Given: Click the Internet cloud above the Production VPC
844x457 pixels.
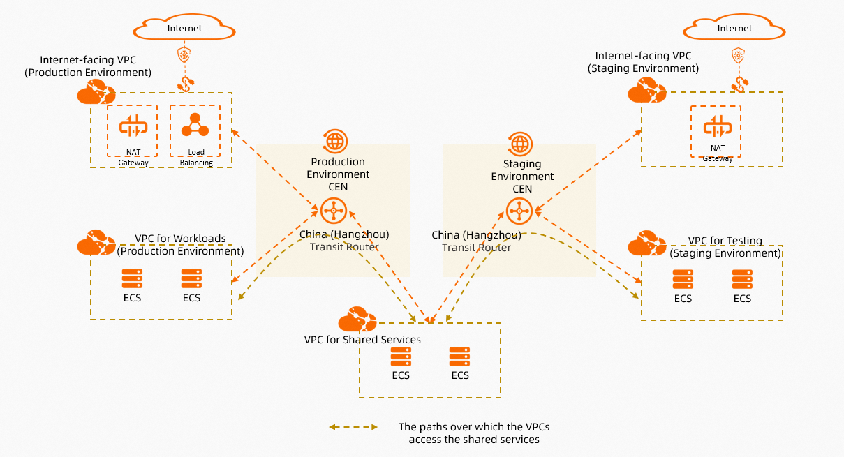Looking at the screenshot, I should (184, 29).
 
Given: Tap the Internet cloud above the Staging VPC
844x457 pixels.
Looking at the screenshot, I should (734, 29).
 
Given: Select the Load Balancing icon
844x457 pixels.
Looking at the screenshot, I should (195, 126).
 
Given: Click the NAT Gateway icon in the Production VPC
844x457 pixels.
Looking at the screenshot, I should (133, 127).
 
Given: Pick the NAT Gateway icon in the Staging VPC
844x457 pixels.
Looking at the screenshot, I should (718, 127).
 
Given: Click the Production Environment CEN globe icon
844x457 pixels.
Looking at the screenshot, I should (336, 141).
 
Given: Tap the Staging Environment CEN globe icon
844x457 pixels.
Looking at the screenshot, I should (520, 143).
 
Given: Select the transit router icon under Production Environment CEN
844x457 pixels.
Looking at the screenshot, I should (334, 210).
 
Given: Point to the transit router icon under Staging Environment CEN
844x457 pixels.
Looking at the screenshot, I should (519, 209).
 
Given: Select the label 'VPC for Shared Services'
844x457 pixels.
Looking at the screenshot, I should (362, 340).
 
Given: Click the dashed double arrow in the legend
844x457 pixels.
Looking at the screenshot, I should (353, 427).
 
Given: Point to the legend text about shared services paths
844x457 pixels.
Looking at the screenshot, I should (474, 433).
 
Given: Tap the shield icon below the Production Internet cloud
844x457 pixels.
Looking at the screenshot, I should (184, 55).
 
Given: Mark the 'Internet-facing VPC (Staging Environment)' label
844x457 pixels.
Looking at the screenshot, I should (643, 62).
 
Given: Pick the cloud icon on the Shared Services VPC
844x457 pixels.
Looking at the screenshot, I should (357, 320).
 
